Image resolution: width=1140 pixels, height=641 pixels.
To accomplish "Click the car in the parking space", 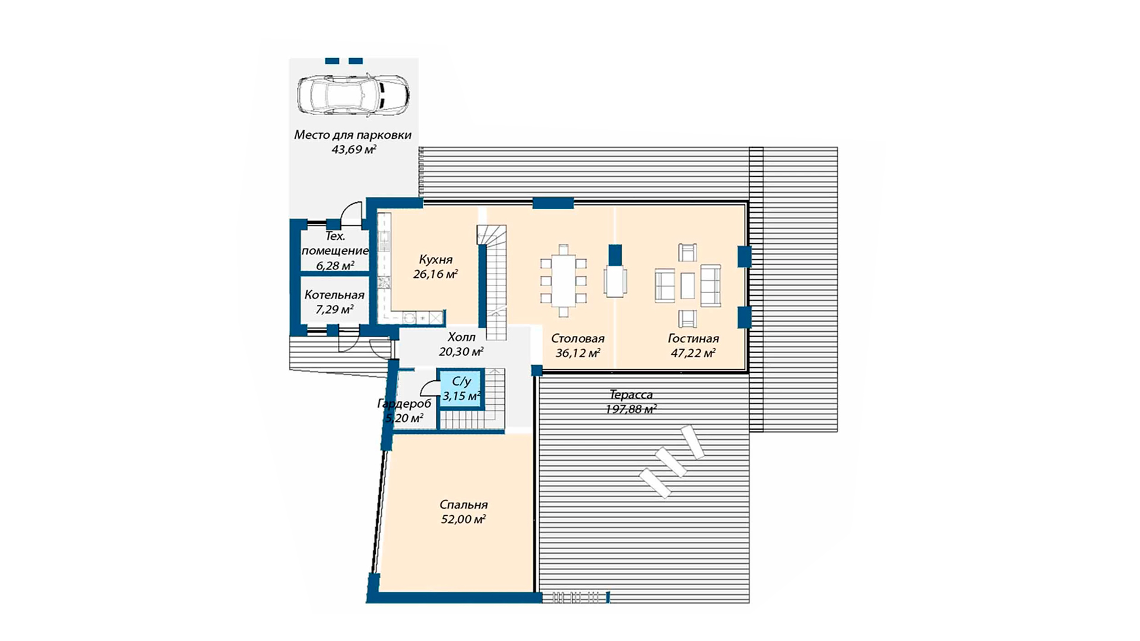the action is point(353,94).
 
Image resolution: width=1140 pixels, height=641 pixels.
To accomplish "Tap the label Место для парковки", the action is point(353,135).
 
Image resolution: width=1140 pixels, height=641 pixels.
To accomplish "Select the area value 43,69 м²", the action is point(354,150).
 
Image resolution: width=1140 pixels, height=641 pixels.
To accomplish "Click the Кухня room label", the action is point(435,259).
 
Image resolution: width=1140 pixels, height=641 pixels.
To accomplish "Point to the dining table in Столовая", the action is point(563,280).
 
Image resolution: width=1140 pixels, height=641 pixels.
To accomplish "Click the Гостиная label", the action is point(693,338).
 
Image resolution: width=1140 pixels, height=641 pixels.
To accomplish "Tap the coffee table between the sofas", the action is point(688,285).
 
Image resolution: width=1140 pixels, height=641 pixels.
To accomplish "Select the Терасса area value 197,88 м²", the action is point(631,410).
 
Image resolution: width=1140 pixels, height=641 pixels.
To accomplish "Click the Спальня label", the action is point(464,504).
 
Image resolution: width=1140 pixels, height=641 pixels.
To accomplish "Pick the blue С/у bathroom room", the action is point(461,389).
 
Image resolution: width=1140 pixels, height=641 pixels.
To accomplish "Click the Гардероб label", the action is point(404,404).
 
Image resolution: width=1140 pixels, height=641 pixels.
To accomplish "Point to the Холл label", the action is point(461,337).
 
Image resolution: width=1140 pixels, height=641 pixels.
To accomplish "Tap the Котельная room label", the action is point(334,295).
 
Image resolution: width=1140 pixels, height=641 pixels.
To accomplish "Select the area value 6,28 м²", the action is point(335,265).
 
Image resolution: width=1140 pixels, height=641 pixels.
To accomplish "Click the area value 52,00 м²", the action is point(463,519).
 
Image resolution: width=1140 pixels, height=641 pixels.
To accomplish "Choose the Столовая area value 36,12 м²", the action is point(578,353).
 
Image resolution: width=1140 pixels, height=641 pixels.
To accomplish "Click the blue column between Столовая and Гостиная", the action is point(615,256).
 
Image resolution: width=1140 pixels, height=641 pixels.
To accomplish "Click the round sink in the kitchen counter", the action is point(410,318).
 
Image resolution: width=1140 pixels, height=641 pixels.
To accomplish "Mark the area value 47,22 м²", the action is point(693,353).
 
